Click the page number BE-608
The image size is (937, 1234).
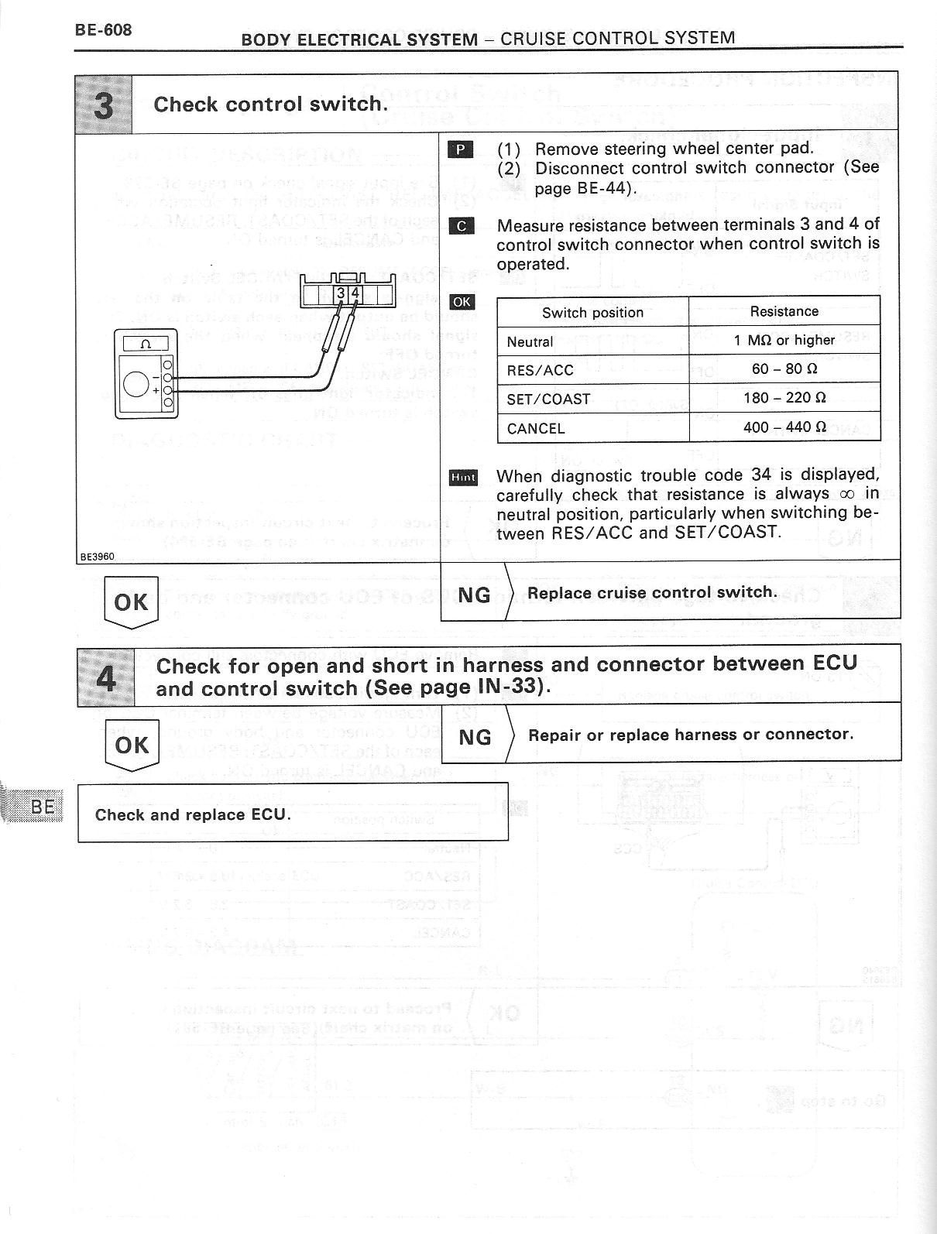pyautogui.click(x=103, y=30)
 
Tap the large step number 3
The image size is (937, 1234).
pyautogui.click(x=103, y=105)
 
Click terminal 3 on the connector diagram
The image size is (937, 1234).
pyautogui.click(x=341, y=293)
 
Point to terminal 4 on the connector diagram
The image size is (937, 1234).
pyautogui.click(x=355, y=293)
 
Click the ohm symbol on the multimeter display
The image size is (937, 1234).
pyautogui.click(x=146, y=344)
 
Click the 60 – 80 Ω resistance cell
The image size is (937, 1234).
pyautogui.click(x=784, y=369)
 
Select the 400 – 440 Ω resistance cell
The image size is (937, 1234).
pyautogui.click(x=784, y=427)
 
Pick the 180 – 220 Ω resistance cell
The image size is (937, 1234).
pyautogui.click(x=784, y=398)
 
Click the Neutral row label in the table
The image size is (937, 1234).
pyautogui.click(x=530, y=341)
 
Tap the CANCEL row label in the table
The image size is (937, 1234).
pyautogui.click(x=536, y=428)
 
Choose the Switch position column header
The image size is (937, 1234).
pyautogui.click(x=592, y=312)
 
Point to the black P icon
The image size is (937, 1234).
pyautogui.click(x=461, y=149)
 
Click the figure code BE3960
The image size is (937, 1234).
pyautogui.click(x=97, y=556)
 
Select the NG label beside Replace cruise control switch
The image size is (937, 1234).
pyautogui.click(x=474, y=594)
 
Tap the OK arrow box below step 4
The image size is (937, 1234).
pyautogui.click(x=131, y=744)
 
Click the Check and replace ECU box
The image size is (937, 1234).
pyautogui.click(x=293, y=813)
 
